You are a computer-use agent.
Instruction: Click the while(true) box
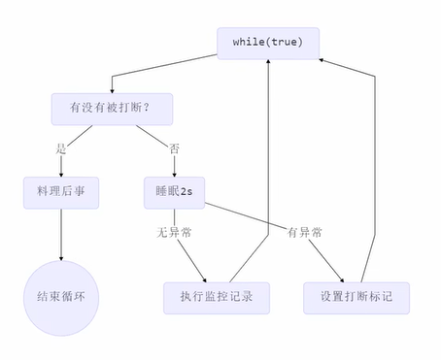(x=268, y=44)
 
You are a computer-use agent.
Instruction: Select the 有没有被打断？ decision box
(x=112, y=109)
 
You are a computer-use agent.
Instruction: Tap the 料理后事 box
(x=61, y=191)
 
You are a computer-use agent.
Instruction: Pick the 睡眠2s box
(x=174, y=191)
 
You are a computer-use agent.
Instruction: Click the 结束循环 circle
(x=61, y=295)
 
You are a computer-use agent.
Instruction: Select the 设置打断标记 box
(x=356, y=296)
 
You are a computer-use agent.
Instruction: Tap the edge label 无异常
(x=174, y=233)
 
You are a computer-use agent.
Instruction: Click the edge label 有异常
(x=303, y=233)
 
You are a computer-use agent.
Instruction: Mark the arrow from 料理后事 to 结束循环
(x=61, y=233)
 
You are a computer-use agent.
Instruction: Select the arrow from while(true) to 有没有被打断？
(x=165, y=74)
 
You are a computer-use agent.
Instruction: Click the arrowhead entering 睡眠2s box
(x=174, y=174)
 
